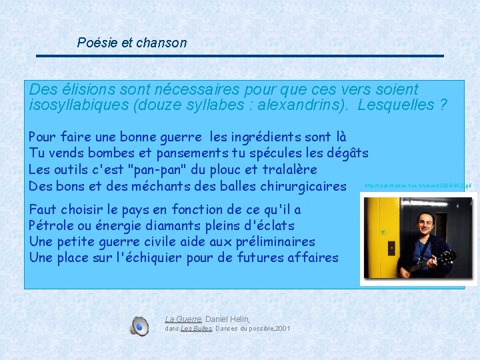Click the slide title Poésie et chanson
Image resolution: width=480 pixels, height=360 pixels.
132,43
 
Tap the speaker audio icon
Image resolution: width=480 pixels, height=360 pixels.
139,326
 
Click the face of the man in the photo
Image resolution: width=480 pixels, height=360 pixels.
424,221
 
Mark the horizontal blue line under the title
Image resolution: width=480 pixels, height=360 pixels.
240,56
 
